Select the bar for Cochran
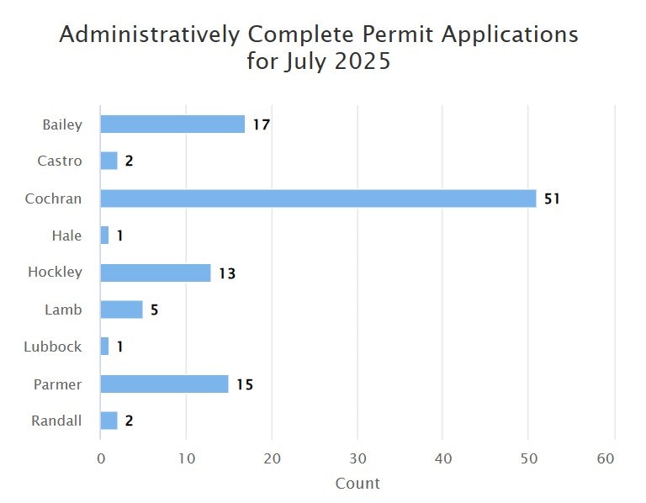coord(318,199)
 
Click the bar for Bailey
coord(172,124)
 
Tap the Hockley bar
coord(156,273)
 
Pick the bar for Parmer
coord(164,384)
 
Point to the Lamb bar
coord(121,310)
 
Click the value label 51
coord(552,199)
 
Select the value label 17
coord(261,125)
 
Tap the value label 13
coord(227,273)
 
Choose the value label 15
coord(244,384)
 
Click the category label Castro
coord(60,161)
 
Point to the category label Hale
coord(66,236)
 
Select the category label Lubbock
coord(54,347)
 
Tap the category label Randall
coord(57,421)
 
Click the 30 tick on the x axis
coord(357,458)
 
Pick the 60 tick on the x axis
coord(615,458)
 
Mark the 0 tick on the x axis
coord(101,458)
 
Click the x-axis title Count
coord(357,484)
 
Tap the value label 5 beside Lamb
coord(154,310)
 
